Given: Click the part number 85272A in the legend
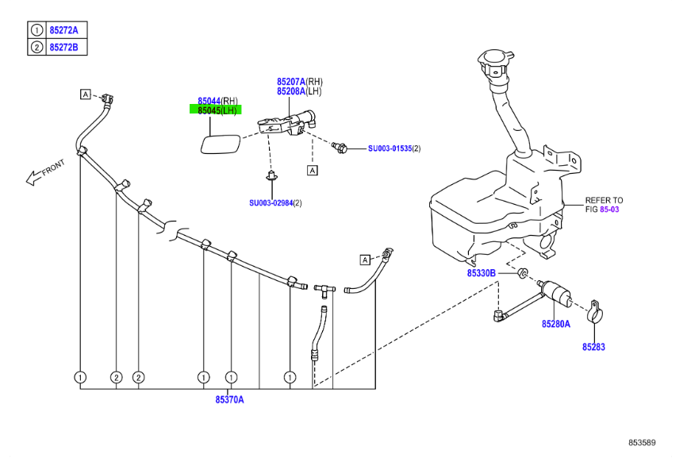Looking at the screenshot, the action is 64,30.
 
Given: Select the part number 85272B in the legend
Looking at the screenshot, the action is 64,47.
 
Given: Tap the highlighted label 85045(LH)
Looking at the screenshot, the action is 217,110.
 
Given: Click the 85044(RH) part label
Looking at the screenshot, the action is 217,101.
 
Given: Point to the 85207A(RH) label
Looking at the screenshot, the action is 300,82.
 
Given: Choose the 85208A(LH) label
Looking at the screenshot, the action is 299,91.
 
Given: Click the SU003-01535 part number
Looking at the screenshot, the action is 390,148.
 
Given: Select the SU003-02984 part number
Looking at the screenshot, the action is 271,202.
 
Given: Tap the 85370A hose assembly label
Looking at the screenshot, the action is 229,400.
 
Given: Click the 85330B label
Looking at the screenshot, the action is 482,273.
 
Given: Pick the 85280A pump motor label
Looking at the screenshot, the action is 556,324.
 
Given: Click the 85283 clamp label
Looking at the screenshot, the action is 593,347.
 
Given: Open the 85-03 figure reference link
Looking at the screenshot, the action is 609,210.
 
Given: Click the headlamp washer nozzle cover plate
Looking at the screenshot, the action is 221,144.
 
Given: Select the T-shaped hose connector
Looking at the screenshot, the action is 324,290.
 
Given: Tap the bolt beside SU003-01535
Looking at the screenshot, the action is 340,147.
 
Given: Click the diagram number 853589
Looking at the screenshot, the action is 642,442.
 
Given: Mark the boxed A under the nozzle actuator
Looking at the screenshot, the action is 312,170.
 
